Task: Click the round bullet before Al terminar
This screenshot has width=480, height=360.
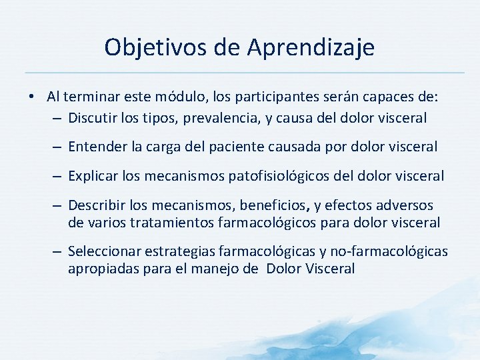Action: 32,97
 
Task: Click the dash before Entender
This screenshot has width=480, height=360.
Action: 58,147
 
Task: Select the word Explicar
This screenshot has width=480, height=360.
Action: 93,177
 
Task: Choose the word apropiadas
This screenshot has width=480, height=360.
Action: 101,269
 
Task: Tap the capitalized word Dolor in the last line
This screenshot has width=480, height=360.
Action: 283,269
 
